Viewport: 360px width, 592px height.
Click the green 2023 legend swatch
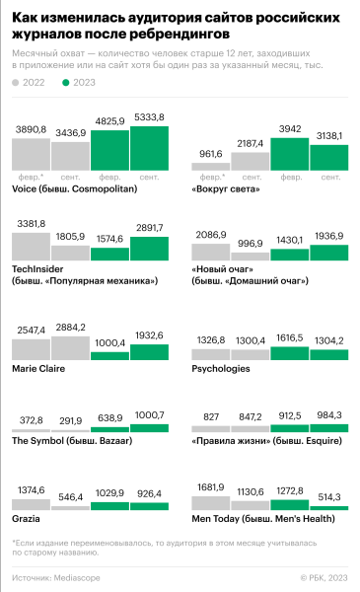pyautogui.click(x=67, y=83)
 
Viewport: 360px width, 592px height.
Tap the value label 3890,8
pyautogui.click(x=31, y=130)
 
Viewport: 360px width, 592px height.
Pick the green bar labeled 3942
pyautogui.click(x=289, y=155)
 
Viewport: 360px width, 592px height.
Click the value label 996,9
pyautogui.click(x=250, y=243)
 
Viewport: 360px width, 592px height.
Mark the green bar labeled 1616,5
pyautogui.click(x=289, y=356)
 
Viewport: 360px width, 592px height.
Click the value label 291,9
pyautogui.click(x=70, y=418)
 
